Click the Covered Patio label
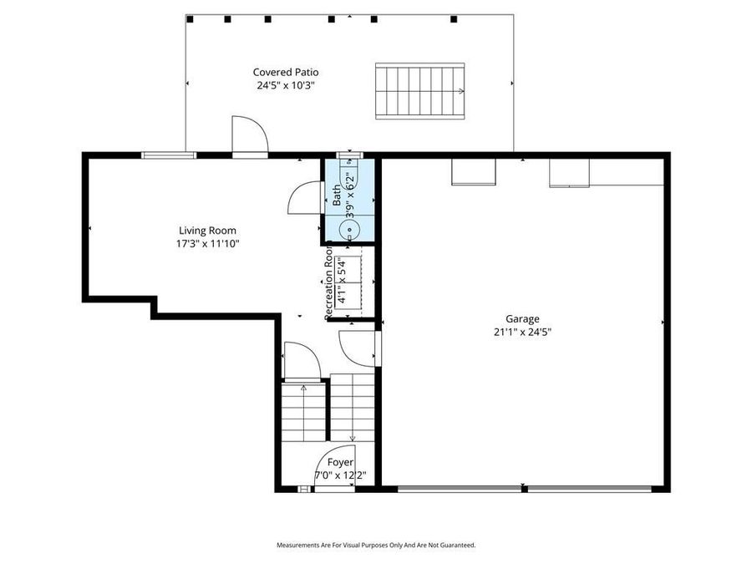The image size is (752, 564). [x=286, y=73]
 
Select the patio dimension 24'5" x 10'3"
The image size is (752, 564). [x=286, y=85]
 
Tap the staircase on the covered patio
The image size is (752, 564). [x=420, y=91]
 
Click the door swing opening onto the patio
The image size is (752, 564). [x=249, y=136]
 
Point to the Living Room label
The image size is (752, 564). [x=207, y=231]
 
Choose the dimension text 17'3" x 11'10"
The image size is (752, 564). [x=207, y=244]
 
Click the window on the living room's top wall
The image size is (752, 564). [x=170, y=155]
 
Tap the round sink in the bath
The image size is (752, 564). [x=350, y=227]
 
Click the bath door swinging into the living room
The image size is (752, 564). [x=304, y=201]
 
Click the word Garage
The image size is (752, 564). [x=522, y=318]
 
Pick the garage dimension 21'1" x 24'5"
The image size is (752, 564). [x=522, y=332]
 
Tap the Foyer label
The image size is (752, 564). [x=339, y=462]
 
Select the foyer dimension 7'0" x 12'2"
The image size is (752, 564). [x=339, y=475]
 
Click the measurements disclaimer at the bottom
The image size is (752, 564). [x=376, y=545]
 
